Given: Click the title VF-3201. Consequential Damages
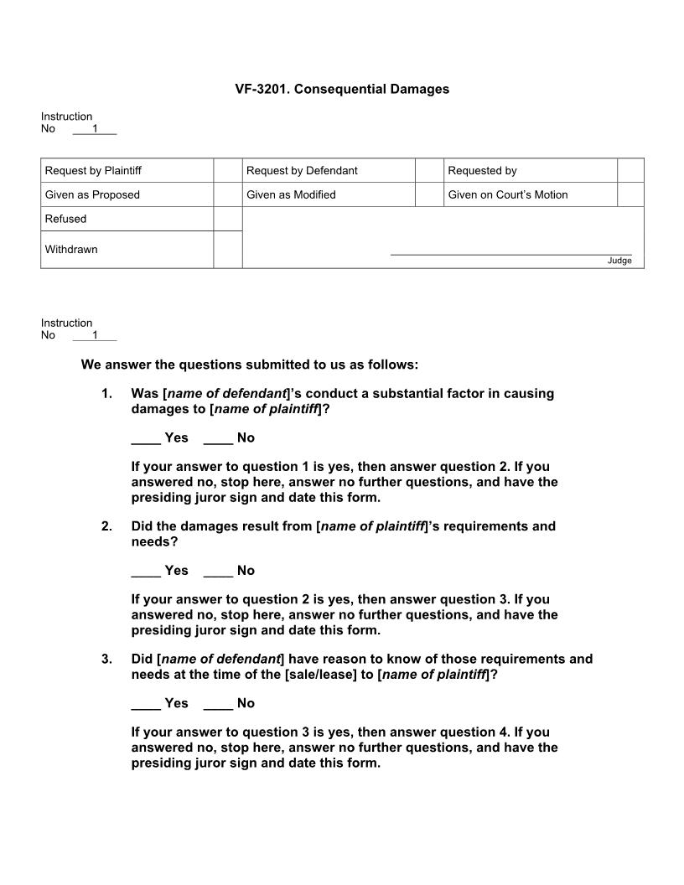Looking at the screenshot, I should (342, 89).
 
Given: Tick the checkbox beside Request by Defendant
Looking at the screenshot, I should (429, 170).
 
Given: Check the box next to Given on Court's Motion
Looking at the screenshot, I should (630, 194).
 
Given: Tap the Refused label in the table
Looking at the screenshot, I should (66, 219).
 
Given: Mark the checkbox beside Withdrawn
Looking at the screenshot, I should (227, 250).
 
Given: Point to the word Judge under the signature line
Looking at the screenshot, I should (619, 261).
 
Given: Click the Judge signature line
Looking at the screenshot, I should (510, 253).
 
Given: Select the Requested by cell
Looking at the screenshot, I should (482, 171).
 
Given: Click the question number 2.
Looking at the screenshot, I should (106, 526).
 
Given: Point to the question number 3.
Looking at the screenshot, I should (106, 659).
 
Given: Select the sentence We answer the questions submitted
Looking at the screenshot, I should (249, 365).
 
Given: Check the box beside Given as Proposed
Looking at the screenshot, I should (227, 194).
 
